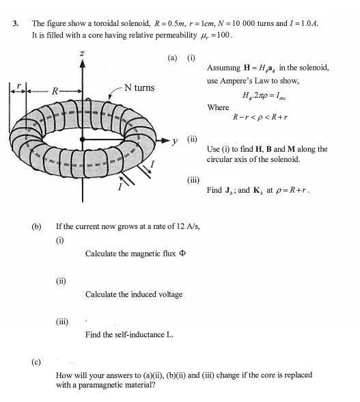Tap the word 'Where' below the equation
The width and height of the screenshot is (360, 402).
[218, 107]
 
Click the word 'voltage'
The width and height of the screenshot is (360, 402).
[169, 295]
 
